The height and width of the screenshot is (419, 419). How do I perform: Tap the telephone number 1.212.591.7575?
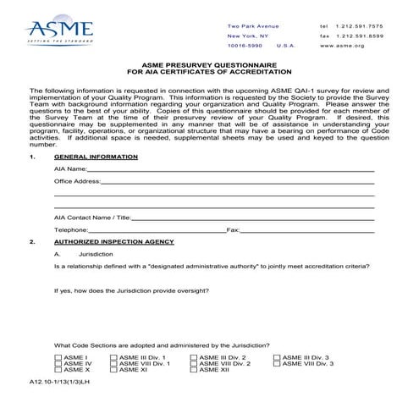(367, 25)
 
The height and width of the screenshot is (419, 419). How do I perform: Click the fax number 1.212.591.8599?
(367, 36)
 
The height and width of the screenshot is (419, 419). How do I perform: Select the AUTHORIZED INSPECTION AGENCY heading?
(113, 241)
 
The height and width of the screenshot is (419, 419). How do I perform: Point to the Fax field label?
(234, 229)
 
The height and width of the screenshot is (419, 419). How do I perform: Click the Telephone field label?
(71, 229)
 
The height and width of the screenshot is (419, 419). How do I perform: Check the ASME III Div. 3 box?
(278, 358)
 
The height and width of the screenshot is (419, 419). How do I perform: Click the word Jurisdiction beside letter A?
(97, 253)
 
